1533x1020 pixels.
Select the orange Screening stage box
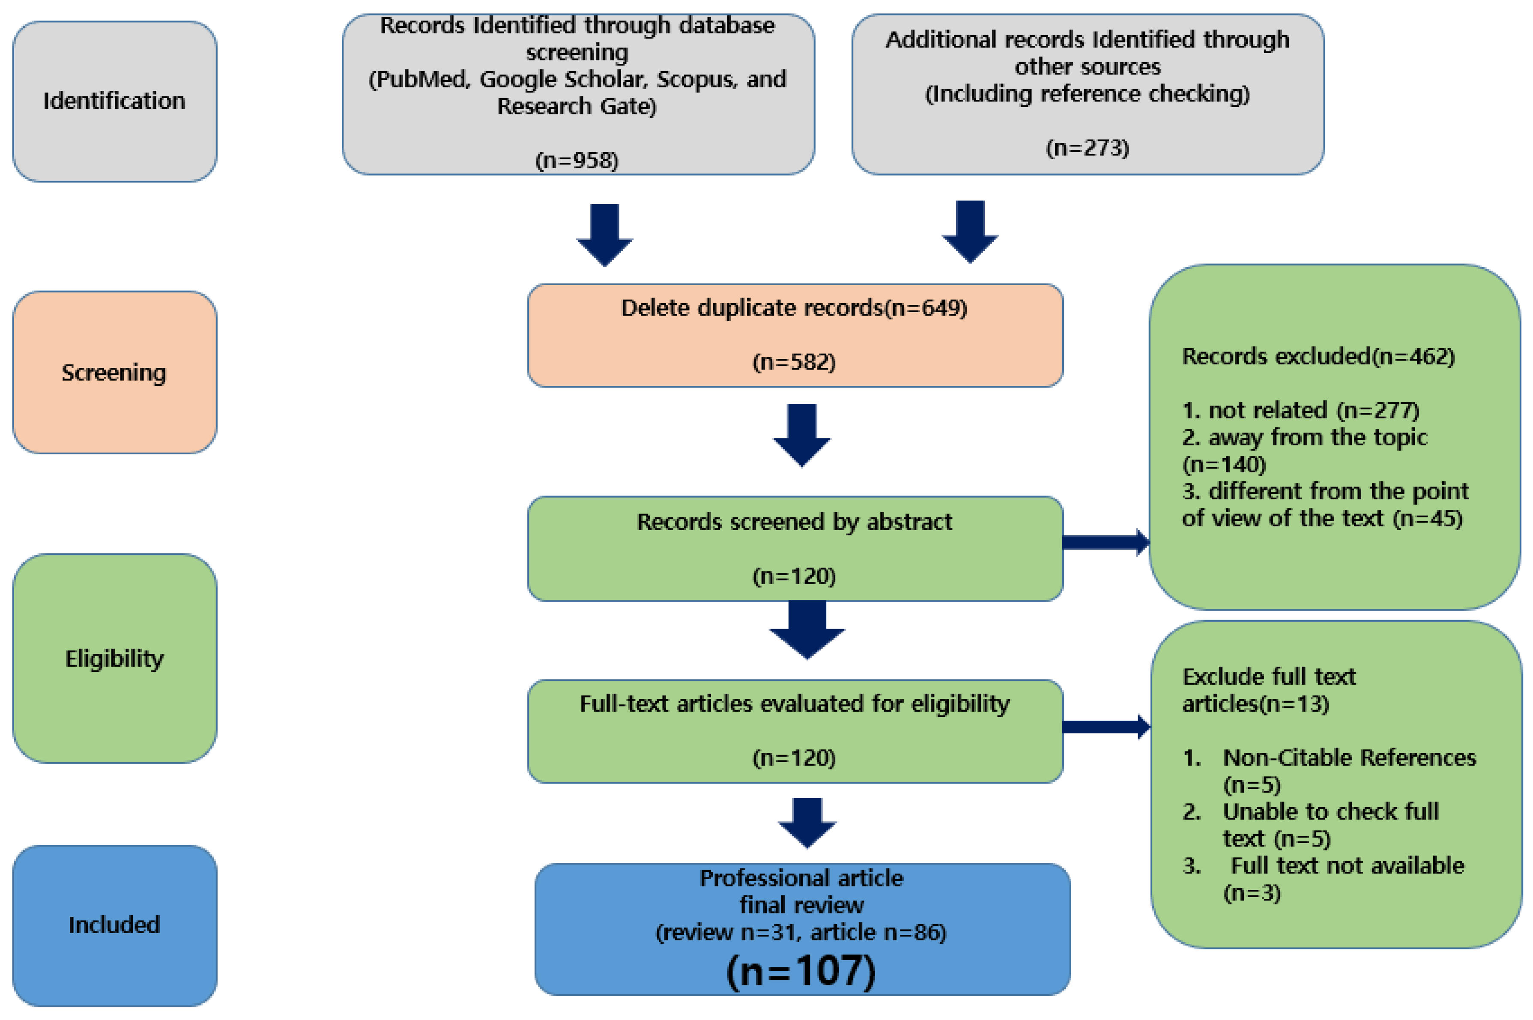114,372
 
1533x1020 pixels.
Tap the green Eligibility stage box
114,658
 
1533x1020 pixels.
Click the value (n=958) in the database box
577,160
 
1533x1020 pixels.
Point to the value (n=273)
1087,148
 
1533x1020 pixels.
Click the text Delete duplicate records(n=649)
794,308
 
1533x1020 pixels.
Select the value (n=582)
794,362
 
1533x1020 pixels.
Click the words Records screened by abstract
794,522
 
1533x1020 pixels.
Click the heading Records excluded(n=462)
1318,356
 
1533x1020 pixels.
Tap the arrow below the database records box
604,234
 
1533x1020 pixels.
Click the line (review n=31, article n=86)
800,932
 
